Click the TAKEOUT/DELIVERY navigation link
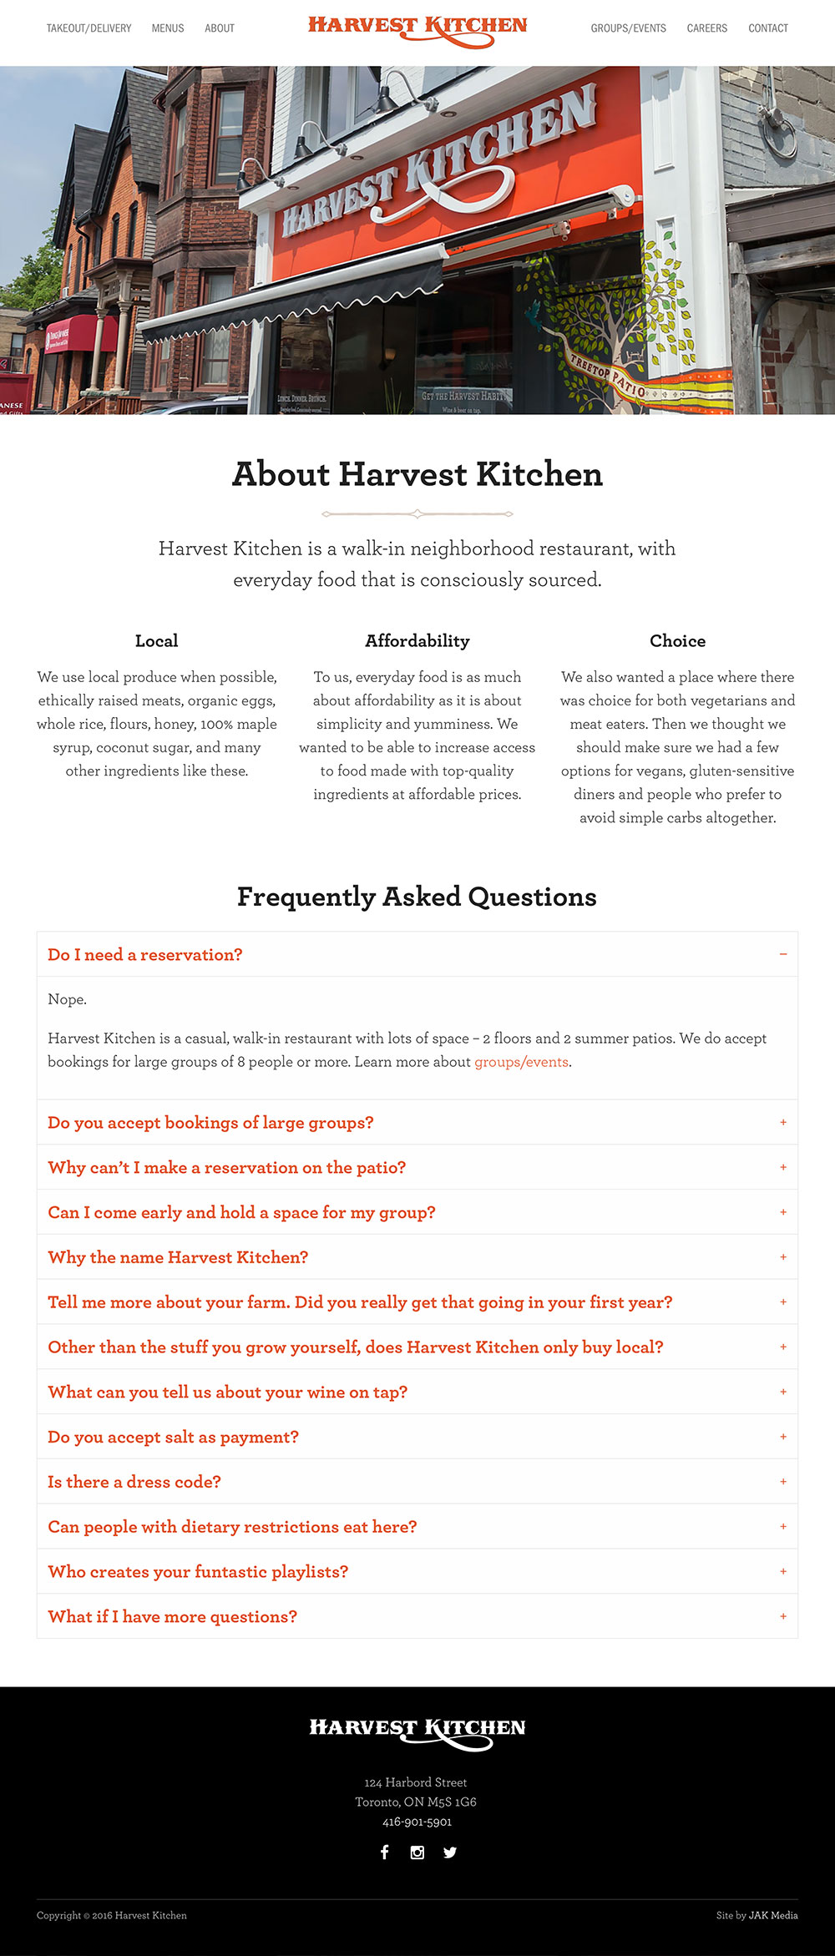click(x=89, y=28)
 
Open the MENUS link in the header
click(x=168, y=28)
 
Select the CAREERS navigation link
click(x=707, y=28)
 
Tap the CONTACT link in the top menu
click(x=768, y=28)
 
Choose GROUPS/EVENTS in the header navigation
click(x=629, y=28)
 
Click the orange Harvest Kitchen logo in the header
click(x=417, y=28)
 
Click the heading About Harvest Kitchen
click(x=417, y=474)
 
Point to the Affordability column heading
click(x=417, y=641)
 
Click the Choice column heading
click(x=677, y=641)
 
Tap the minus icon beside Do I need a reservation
click(x=783, y=954)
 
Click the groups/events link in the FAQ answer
click(x=522, y=1062)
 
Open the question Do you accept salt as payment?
click(x=173, y=1437)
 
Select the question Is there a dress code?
click(x=134, y=1482)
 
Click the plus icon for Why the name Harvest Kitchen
click(x=783, y=1257)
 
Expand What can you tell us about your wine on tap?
click(x=227, y=1392)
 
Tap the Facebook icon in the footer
click(x=385, y=1852)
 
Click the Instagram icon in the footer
click(x=417, y=1852)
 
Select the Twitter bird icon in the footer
click(x=450, y=1852)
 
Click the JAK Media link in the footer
click(x=773, y=1915)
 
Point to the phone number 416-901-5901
click(x=417, y=1822)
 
